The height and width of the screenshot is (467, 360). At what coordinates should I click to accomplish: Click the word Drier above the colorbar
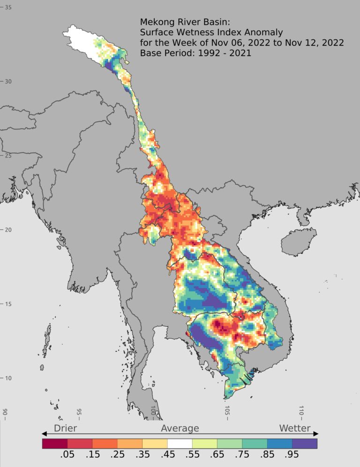(65, 428)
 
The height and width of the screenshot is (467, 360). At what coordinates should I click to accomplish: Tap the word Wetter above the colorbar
(294, 428)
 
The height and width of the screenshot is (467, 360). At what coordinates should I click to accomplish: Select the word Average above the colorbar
(180, 428)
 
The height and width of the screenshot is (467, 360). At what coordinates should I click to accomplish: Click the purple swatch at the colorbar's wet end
(305, 443)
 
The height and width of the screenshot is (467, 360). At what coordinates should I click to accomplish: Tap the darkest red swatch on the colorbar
(55, 443)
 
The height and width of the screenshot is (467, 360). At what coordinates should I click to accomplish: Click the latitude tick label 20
(8, 230)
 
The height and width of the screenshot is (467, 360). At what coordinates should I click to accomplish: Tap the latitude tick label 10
(8, 378)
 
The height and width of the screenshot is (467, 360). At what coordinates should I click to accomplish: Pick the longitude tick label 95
(79, 412)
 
